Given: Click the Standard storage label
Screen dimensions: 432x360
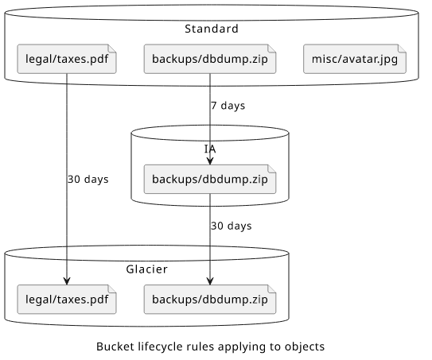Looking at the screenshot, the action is (212, 29).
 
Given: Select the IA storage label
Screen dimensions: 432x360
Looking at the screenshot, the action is (210, 149).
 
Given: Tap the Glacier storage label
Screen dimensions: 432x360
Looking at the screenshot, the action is (146, 269).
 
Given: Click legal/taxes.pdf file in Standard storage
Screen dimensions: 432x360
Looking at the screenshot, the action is (67, 59).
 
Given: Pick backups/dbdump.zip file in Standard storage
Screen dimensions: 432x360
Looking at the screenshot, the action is (210, 59).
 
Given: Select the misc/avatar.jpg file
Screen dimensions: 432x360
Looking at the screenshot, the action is (355, 59).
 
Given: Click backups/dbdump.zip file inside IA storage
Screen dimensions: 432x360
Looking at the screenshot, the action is (210, 179).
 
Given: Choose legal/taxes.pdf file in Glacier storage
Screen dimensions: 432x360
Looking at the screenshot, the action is (67, 299).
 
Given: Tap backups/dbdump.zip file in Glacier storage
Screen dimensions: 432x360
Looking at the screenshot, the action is (210, 299).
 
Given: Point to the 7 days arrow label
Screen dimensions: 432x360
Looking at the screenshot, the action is (228, 106).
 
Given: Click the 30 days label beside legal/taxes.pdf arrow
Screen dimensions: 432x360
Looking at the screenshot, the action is (88, 180).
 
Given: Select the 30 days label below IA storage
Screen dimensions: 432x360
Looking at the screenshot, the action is (232, 226).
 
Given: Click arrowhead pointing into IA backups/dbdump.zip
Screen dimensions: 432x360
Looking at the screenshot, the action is (210, 161).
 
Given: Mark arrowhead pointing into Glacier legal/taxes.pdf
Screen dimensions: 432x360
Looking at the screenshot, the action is (67, 281).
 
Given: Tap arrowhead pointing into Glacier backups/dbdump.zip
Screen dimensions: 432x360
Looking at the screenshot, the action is (210, 281).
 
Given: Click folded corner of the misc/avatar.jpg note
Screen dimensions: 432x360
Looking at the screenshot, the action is (402, 48).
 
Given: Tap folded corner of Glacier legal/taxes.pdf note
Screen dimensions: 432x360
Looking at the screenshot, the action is (112, 288).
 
